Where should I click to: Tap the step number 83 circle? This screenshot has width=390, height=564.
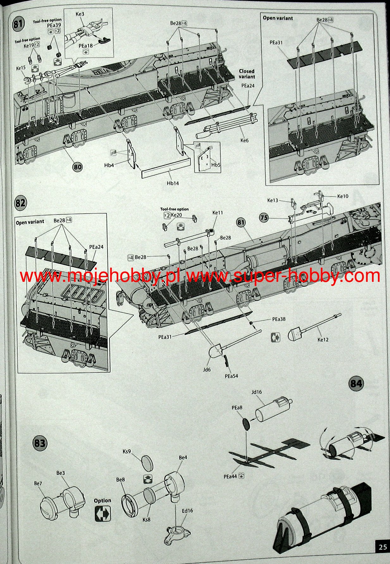point(40,443)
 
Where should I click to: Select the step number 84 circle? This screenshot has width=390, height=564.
point(356,384)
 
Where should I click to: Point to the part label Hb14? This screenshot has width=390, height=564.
point(173,183)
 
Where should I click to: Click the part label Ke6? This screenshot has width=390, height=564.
point(245,140)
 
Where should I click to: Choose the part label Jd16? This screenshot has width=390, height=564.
point(257,392)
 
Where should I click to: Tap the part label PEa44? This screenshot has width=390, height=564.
point(230,476)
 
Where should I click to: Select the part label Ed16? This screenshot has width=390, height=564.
point(187,510)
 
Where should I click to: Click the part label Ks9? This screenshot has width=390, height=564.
point(127,451)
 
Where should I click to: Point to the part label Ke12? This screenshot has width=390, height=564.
point(323,340)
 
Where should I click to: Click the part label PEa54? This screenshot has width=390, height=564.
point(231,376)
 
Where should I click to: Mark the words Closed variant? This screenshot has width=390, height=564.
point(247,74)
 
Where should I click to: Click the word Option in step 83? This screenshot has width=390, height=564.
point(102,500)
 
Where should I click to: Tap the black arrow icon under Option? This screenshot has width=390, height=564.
point(103,513)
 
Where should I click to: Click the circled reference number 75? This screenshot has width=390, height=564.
point(264,218)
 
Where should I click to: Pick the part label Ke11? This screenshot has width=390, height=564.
point(218,213)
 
